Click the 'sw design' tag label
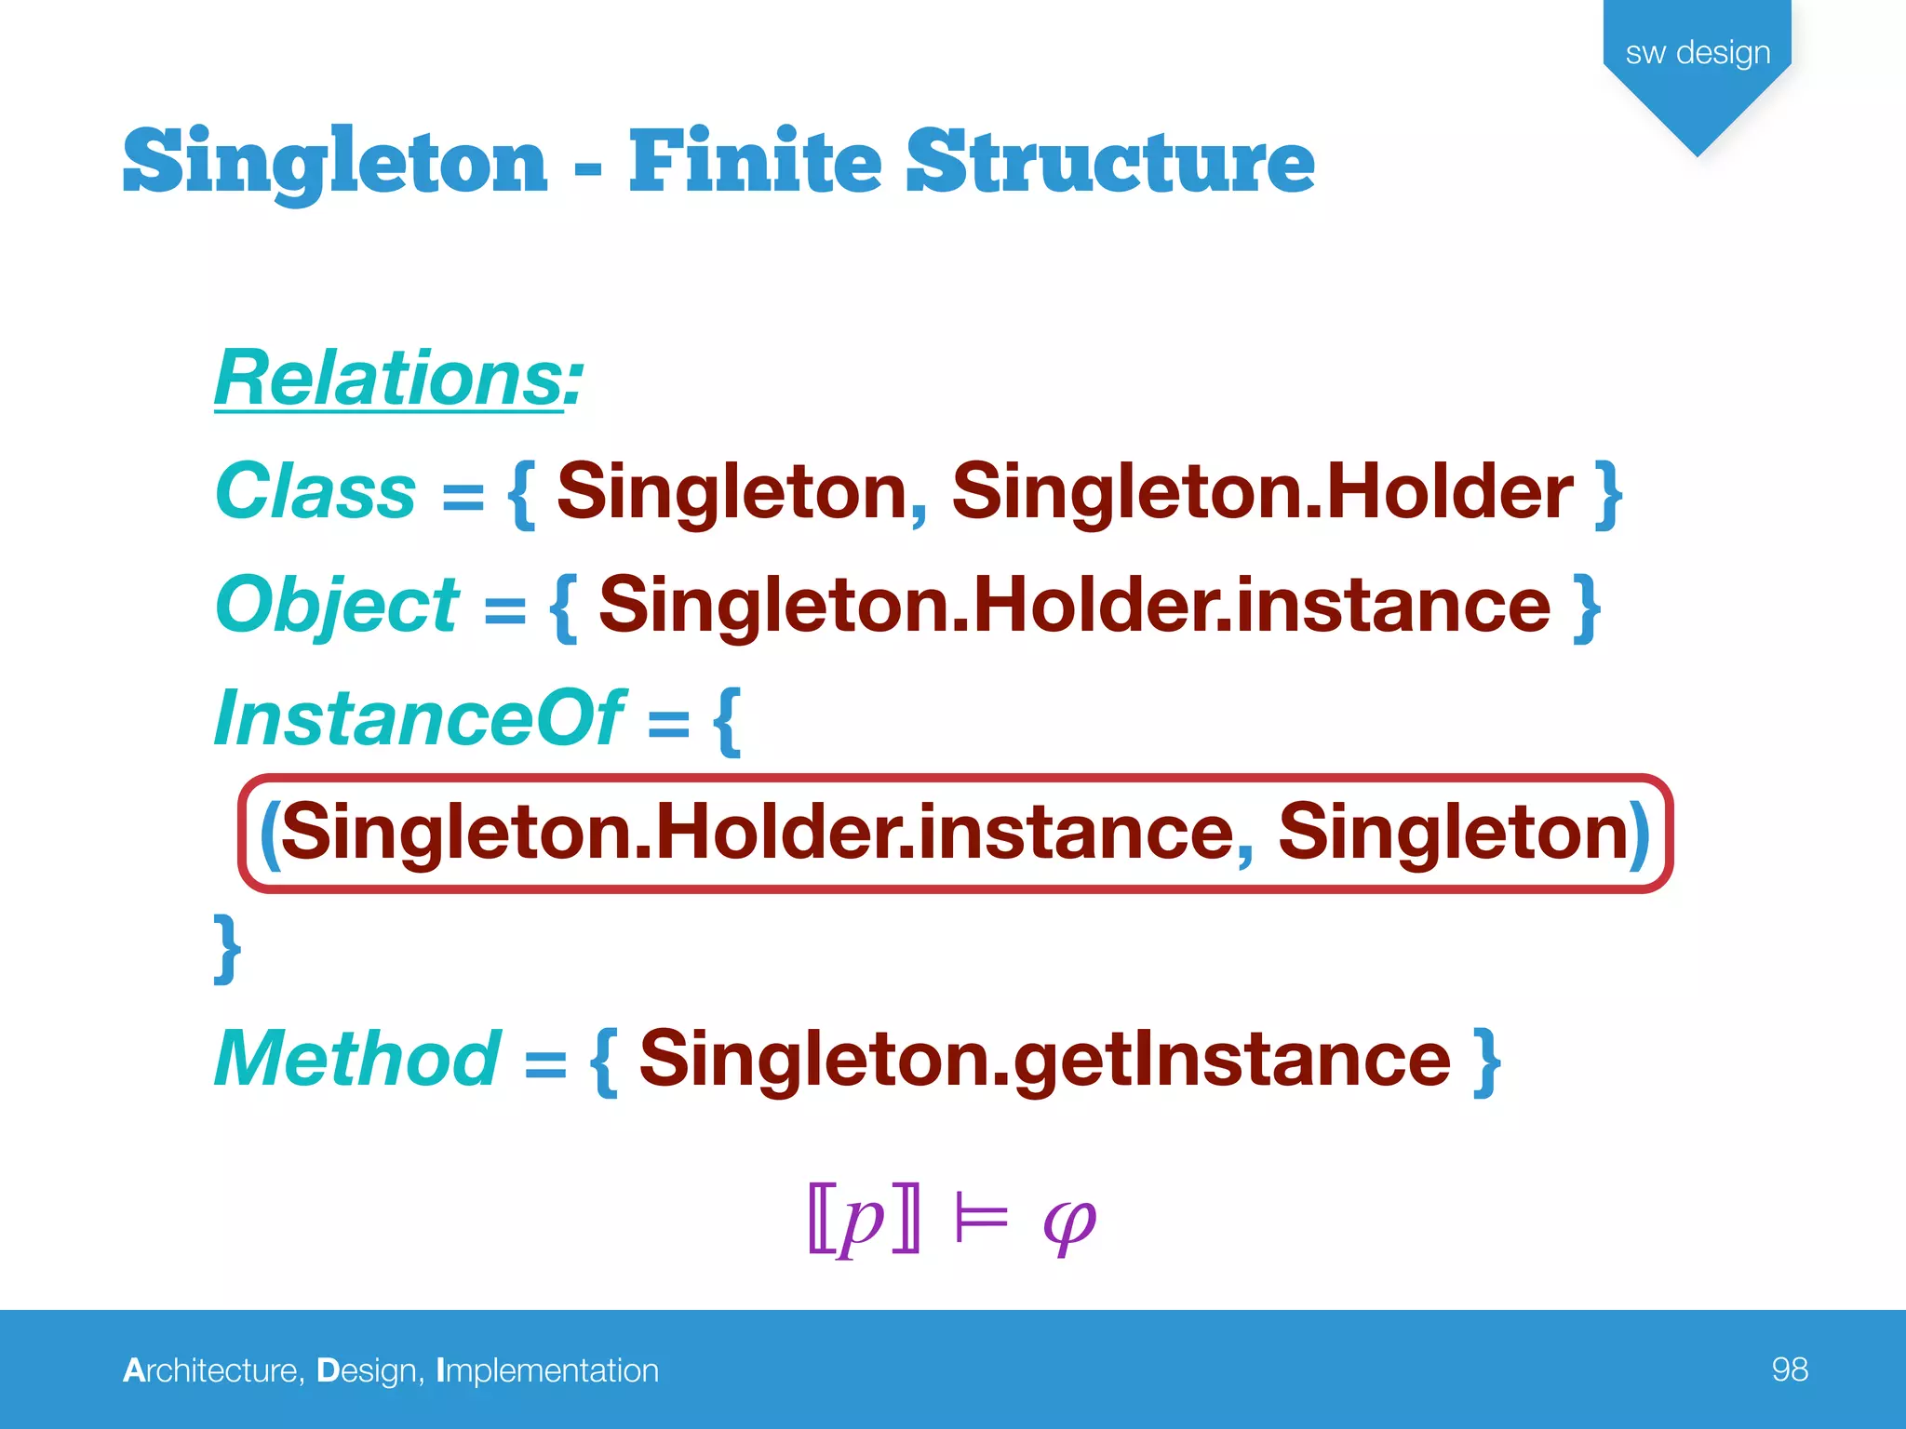1698,53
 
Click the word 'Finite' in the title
755,162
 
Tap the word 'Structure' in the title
1110,162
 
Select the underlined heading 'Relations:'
398,378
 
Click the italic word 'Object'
337,605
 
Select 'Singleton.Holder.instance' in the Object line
1075,605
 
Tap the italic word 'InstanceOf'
420,718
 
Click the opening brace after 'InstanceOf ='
727,721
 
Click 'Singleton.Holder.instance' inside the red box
757,832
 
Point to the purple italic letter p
862,1221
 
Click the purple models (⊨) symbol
981,1219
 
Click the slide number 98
1789,1369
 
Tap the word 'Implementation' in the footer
547,1370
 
